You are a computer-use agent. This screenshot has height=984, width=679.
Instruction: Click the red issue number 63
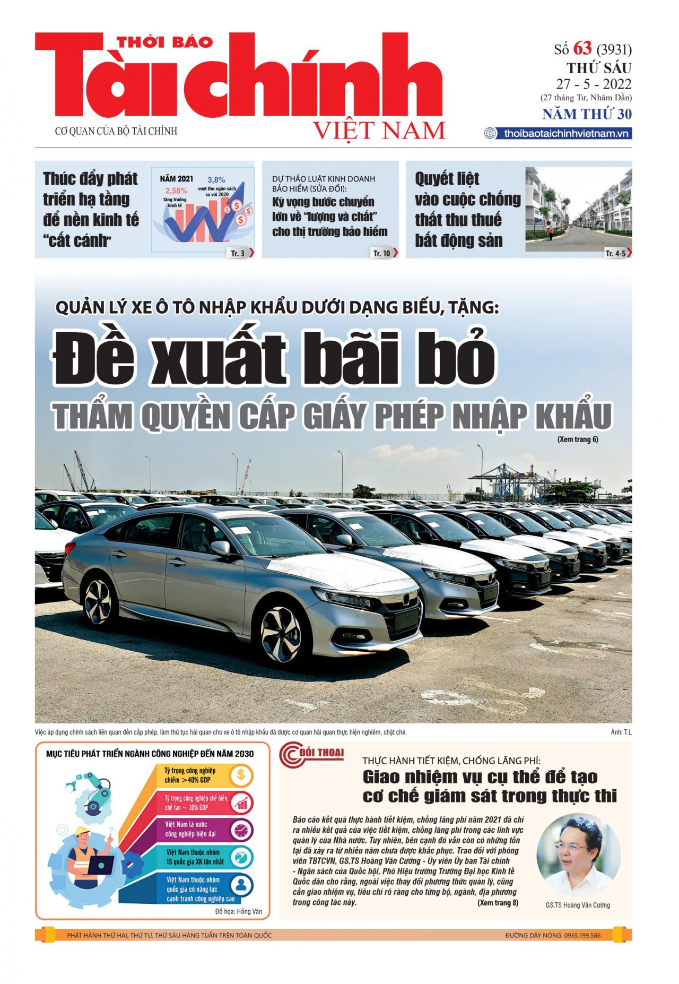click(582, 49)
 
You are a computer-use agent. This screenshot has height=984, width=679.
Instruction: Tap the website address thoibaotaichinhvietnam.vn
click(566, 133)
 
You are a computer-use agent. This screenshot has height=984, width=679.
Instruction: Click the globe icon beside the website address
click(490, 133)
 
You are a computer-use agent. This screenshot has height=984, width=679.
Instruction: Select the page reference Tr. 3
click(238, 253)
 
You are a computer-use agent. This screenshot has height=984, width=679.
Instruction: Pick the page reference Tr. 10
click(381, 253)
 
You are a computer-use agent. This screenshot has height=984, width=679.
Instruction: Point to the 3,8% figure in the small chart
click(216, 180)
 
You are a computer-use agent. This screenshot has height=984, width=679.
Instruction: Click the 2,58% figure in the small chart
click(176, 191)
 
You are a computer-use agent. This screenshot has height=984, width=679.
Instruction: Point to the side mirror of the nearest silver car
click(220, 548)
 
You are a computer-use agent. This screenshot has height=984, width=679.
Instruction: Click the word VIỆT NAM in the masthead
click(379, 131)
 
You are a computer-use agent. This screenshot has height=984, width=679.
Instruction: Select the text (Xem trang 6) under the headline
click(577, 439)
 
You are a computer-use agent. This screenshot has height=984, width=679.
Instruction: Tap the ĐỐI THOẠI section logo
click(312, 755)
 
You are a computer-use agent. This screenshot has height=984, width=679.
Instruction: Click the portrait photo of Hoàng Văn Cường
click(578, 856)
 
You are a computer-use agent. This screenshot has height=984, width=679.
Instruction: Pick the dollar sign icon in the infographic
click(241, 775)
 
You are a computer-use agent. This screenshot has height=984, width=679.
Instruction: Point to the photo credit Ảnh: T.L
click(621, 732)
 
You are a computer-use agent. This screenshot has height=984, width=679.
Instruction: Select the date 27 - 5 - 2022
click(594, 84)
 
